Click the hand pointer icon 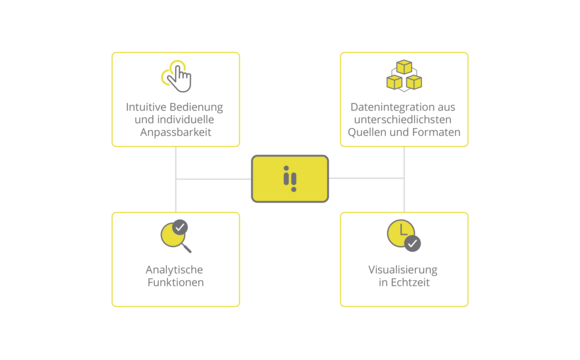coord(177,76)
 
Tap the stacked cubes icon coord(404,76)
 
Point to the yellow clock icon coord(400,233)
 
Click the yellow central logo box coord(290,179)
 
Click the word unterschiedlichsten coord(404,119)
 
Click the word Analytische coord(176,270)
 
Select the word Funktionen coord(176,283)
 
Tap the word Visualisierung coord(404,270)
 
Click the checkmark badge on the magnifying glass coord(180,227)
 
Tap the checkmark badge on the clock coord(413,243)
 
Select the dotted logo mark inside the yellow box coord(290,179)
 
